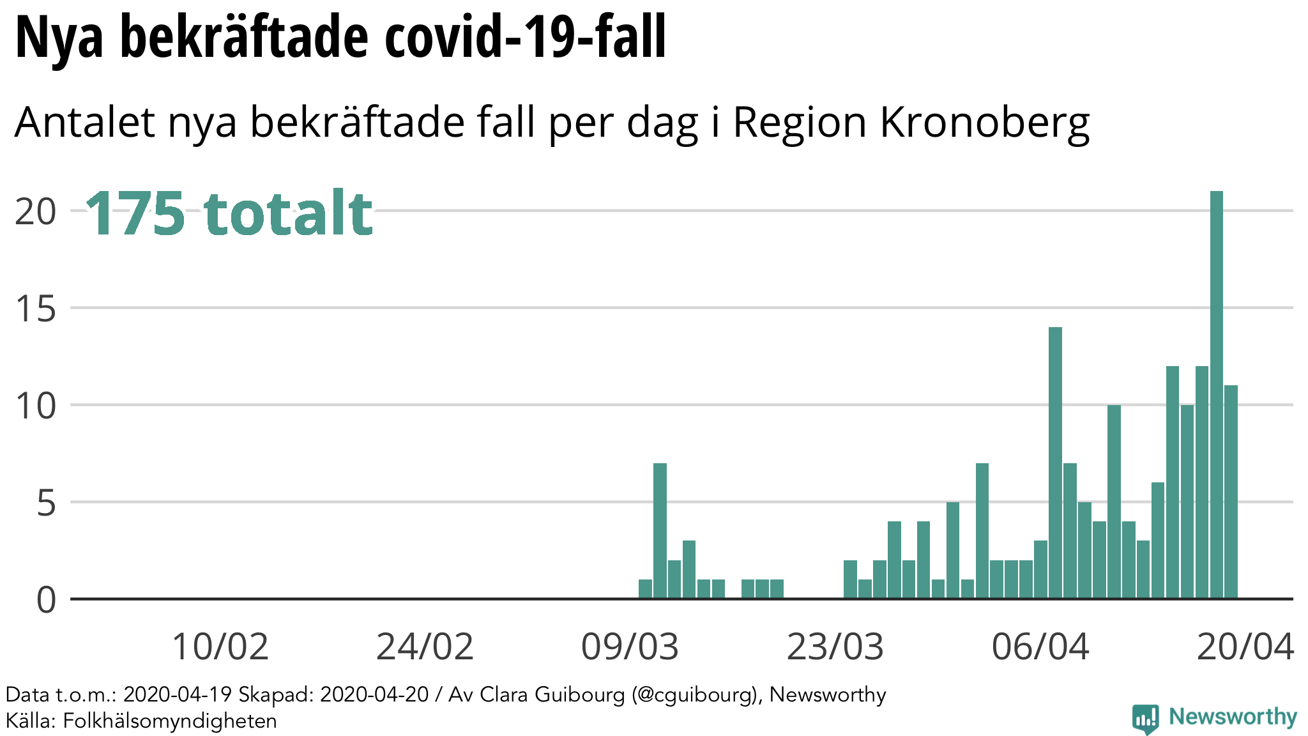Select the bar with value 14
(x=1055, y=463)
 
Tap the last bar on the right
(x=1231, y=492)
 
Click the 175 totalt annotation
(x=229, y=213)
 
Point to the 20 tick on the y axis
(x=36, y=211)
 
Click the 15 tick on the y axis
(x=36, y=309)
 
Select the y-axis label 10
(x=36, y=406)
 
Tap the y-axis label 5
(x=46, y=503)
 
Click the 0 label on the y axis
(x=46, y=601)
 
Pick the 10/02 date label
(x=220, y=647)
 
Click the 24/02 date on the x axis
(x=425, y=647)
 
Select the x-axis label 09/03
(x=630, y=647)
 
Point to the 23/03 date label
(x=835, y=647)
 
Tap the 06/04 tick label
(x=1040, y=647)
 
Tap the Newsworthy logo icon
(x=1146, y=719)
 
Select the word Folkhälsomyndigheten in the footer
(x=170, y=721)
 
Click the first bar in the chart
(x=645, y=589)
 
